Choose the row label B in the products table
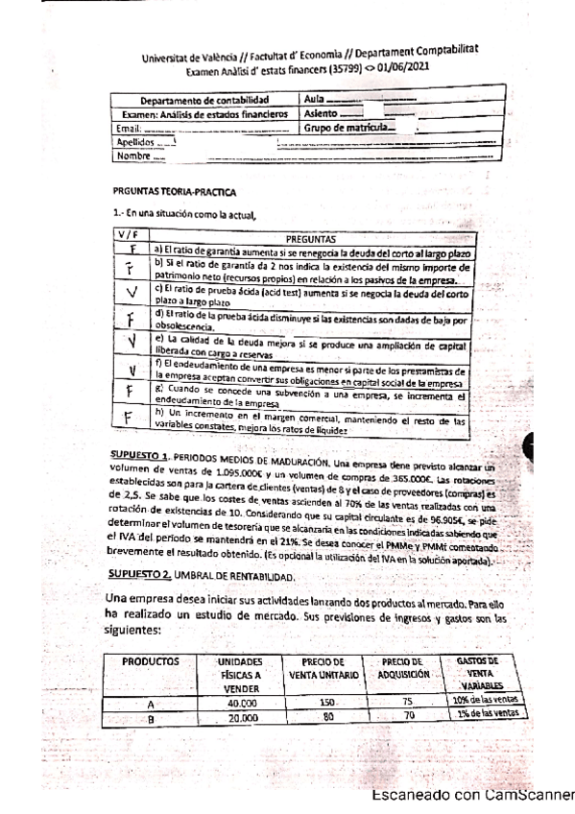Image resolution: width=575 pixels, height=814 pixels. point(150,715)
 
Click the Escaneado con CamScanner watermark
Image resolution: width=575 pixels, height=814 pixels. point(471,795)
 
